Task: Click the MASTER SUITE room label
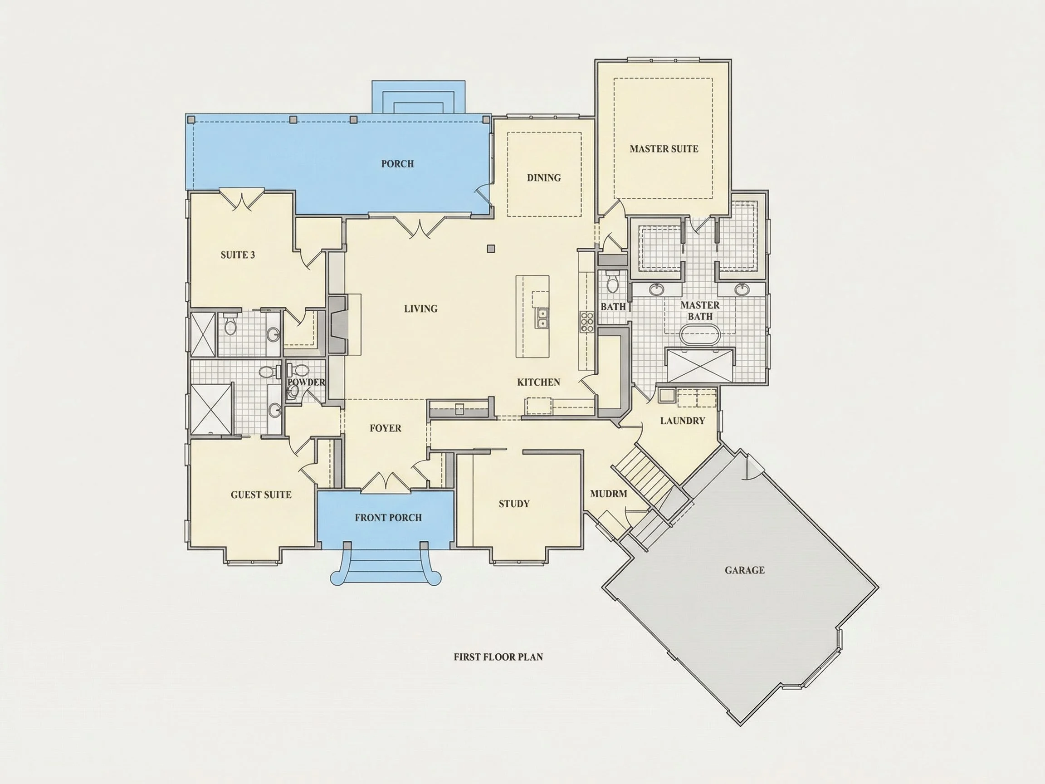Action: (x=664, y=149)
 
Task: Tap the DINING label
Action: (x=544, y=178)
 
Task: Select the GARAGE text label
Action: (x=745, y=570)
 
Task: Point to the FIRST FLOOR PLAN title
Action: (x=498, y=657)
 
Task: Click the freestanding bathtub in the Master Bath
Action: (x=700, y=334)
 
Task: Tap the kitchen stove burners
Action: (x=587, y=322)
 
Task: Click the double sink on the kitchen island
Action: (x=542, y=318)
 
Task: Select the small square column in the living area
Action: (x=491, y=249)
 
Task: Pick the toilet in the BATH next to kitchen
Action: (x=612, y=283)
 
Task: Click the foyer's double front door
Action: (x=386, y=481)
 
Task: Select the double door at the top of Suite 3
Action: (x=241, y=200)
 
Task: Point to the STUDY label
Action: (x=514, y=504)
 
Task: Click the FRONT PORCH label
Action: (x=388, y=518)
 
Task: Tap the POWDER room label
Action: (x=306, y=382)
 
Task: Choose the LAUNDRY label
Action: (x=683, y=421)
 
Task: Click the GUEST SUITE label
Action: (x=261, y=495)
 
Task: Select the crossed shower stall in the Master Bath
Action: (x=700, y=365)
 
